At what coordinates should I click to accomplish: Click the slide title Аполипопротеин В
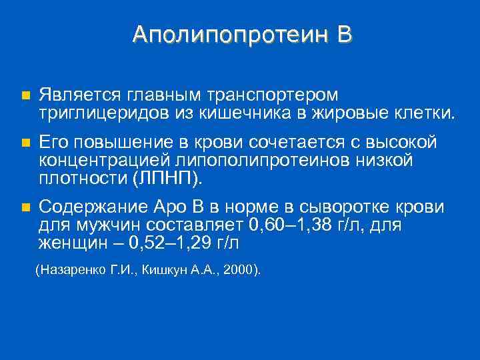241,35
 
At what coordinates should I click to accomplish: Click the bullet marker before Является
25,96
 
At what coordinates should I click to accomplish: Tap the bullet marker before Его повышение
25,143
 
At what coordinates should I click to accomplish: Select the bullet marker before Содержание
25,207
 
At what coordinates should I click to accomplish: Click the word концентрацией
105,160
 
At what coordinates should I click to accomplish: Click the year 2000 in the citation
241,270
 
